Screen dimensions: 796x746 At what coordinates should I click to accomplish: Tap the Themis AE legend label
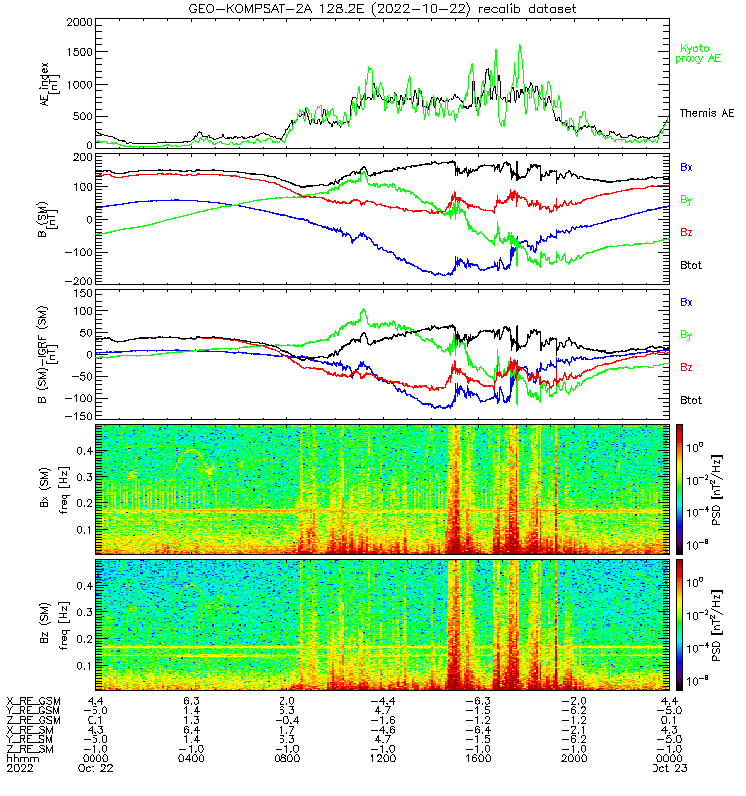705,114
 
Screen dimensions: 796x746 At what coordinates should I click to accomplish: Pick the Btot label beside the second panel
692,265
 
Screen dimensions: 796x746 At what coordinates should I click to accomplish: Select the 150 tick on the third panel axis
83,295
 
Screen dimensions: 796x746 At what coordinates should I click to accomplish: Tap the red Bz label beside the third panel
686,367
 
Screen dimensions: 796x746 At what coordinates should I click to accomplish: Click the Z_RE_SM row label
33,748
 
